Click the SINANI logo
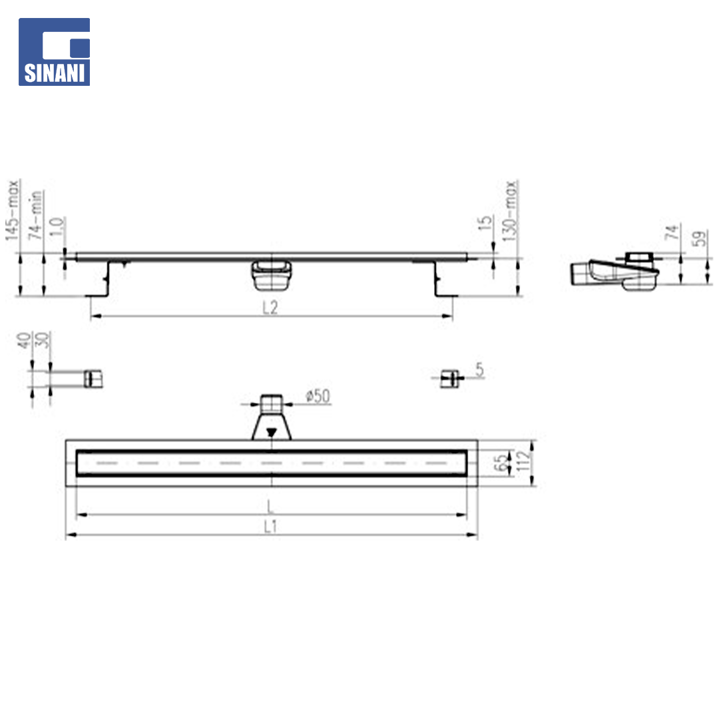coord(54,52)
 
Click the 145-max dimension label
coord(13,210)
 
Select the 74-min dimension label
coord(35,215)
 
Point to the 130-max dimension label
coord(510,211)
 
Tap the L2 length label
coord(270,307)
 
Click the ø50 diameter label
coord(318,395)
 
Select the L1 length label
coord(270,527)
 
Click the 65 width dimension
coord(501,462)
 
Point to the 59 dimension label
coord(700,238)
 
